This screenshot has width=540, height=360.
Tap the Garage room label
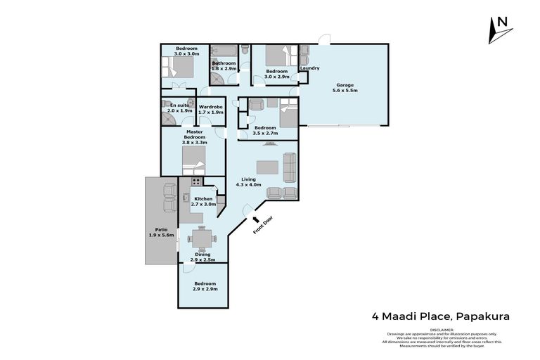pos(345,84)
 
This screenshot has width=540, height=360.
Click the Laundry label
pos(310,68)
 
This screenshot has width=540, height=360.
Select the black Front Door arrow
pos(255,220)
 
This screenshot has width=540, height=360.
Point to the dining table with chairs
pos(202,238)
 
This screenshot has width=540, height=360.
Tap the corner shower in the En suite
pos(169,120)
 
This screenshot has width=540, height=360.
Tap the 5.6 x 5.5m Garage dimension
pos(345,91)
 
